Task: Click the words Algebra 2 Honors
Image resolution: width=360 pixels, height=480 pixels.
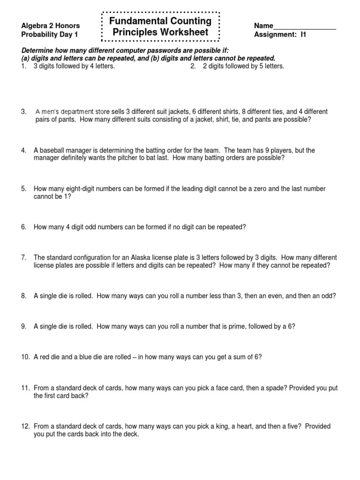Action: click(x=51, y=26)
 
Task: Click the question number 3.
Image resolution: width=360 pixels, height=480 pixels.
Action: click(x=23, y=112)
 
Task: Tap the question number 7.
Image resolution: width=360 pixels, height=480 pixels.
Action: click(x=23, y=258)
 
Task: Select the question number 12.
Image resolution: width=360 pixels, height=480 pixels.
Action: click(x=25, y=427)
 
